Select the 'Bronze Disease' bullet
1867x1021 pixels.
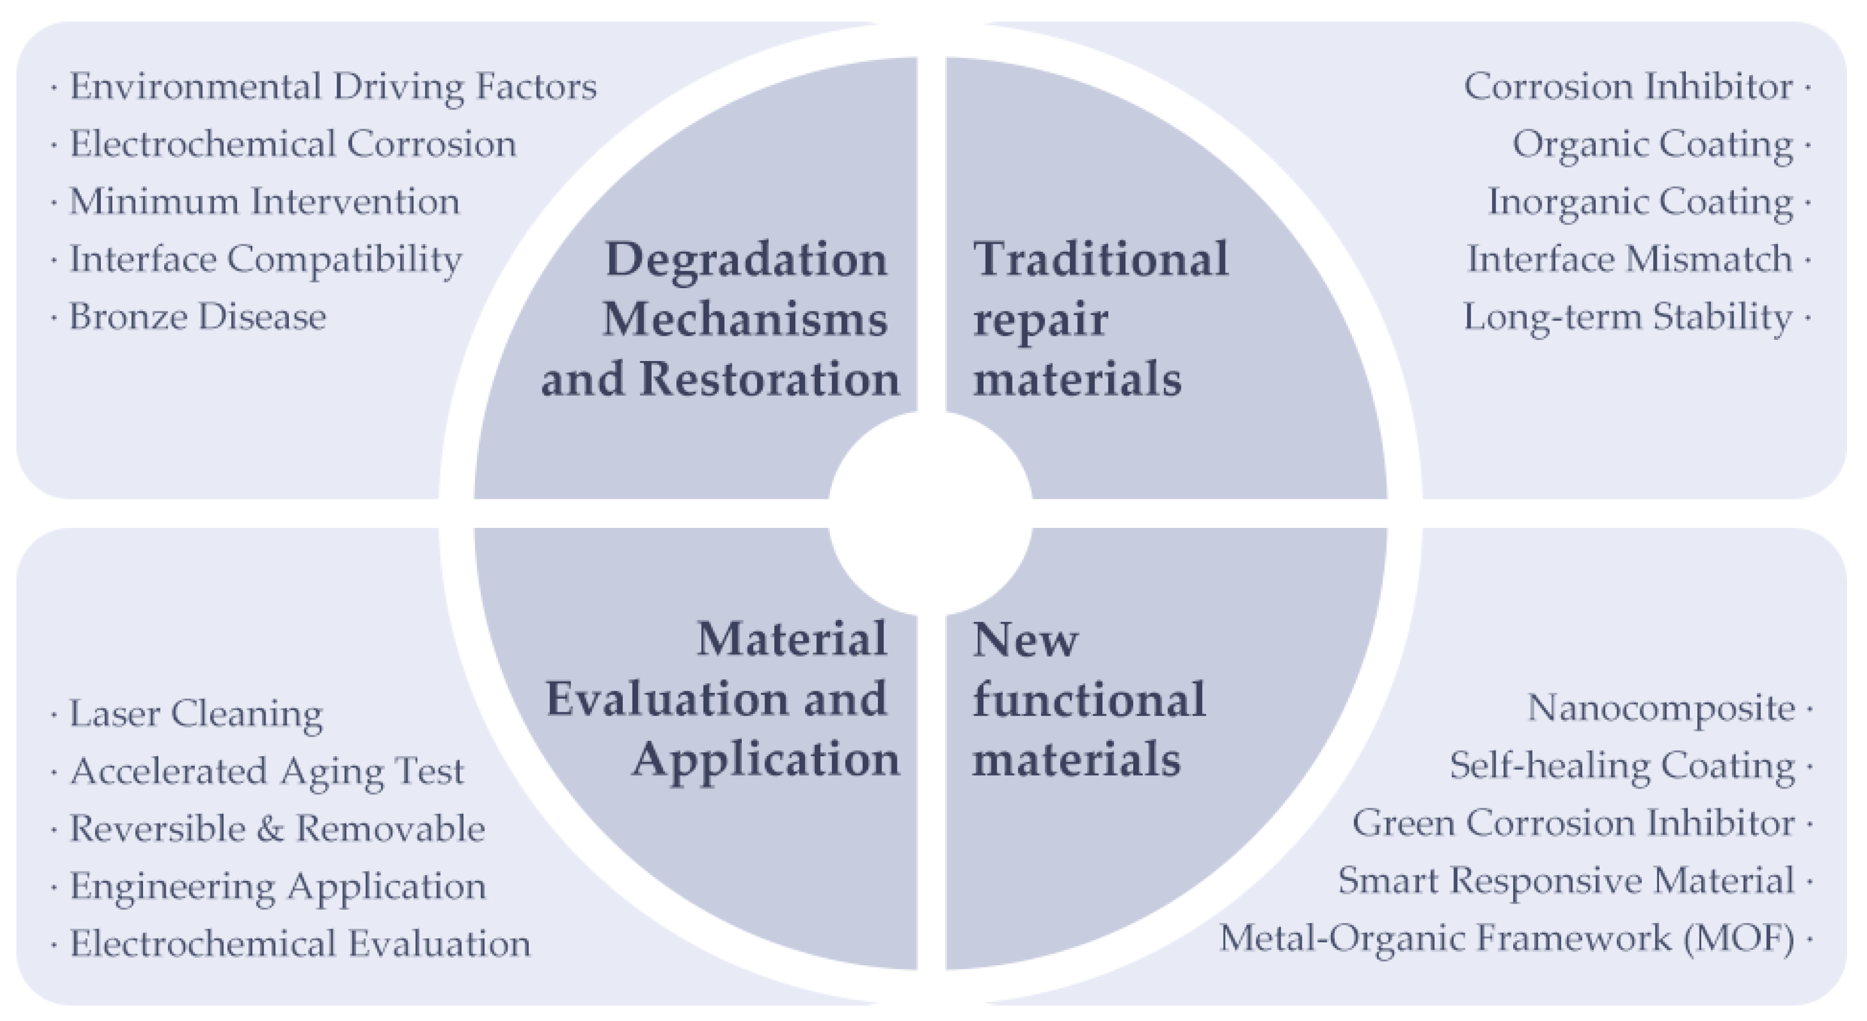[x=197, y=317]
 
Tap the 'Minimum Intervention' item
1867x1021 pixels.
[x=264, y=202]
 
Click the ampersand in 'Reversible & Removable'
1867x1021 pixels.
[x=269, y=829]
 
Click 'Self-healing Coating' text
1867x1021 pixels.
[x=1622, y=766]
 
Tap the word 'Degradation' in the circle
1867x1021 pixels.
[x=746, y=260]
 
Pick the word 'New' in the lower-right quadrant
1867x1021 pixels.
[x=1026, y=640]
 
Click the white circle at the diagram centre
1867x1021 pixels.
[x=930, y=513]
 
